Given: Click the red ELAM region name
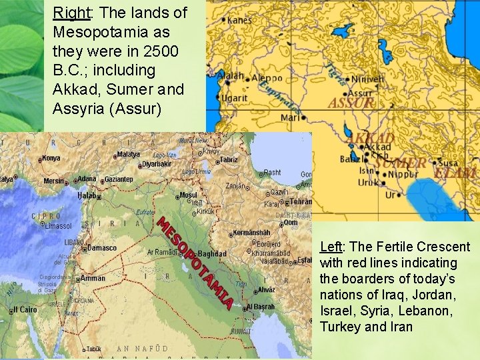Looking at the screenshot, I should click(x=455, y=173).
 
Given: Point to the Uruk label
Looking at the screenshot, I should click(x=369, y=182).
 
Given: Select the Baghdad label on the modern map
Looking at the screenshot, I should click(x=212, y=254).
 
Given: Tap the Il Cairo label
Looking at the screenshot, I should click(x=25, y=310).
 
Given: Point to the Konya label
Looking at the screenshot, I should click(x=51, y=159).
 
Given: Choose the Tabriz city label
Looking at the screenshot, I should click(x=229, y=159).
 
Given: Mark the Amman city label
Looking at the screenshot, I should click(x=93, y=279).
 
